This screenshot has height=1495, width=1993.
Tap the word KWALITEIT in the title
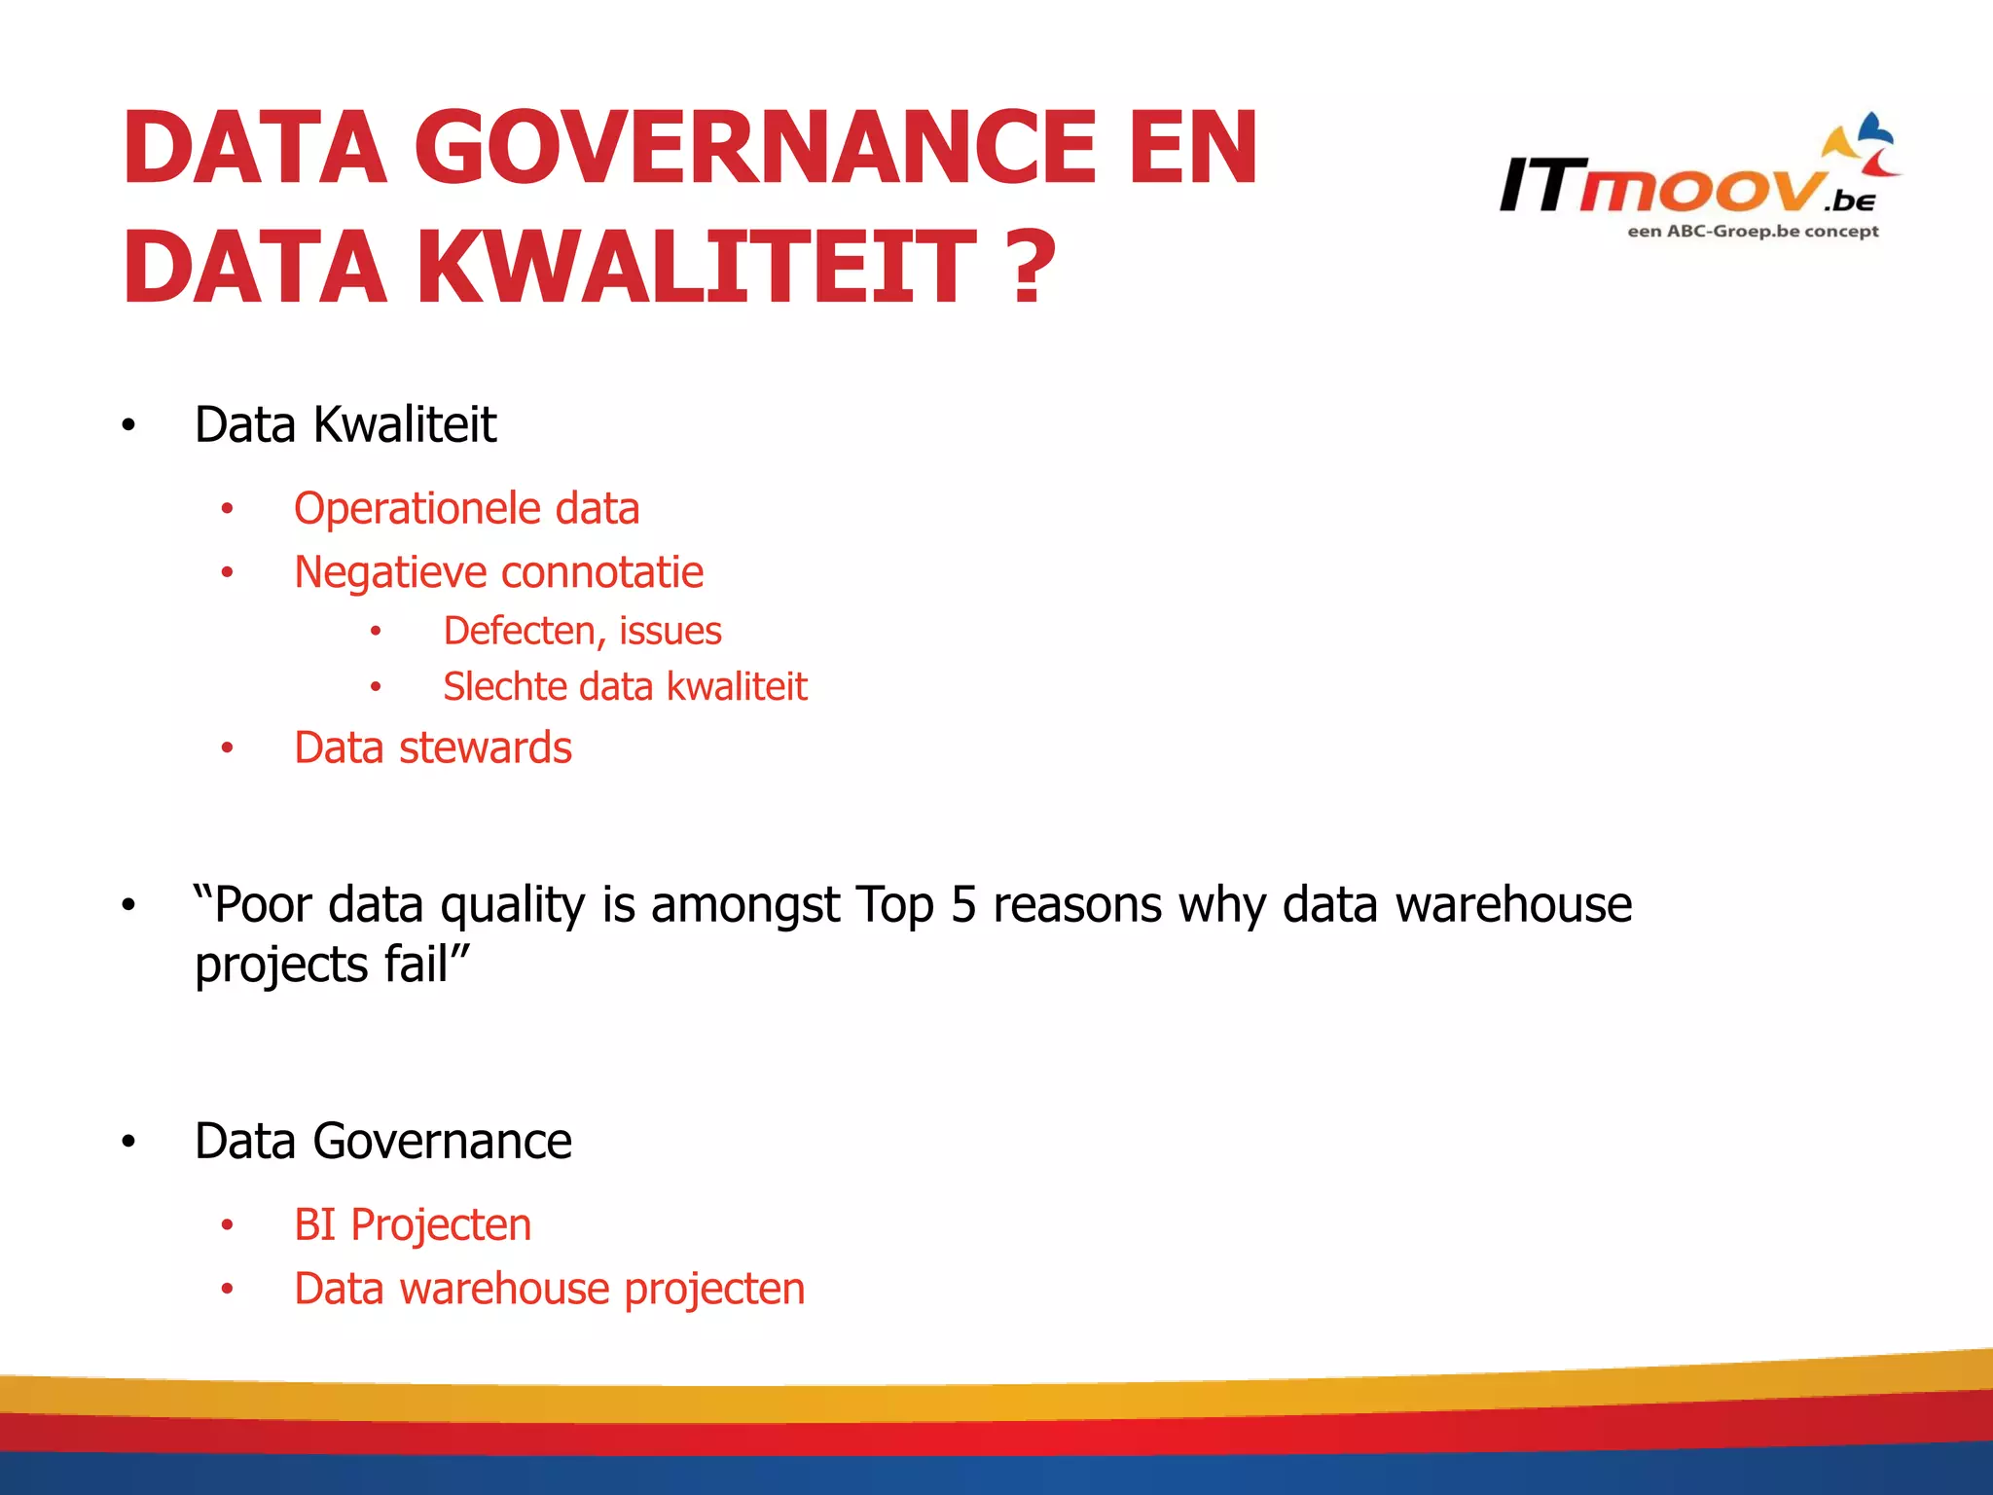pos(697,267)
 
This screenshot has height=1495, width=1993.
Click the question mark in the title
pos(1032,267)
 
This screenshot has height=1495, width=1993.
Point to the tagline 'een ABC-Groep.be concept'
pos(1753,232)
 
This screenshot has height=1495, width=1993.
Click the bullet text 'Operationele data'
pos(466,509)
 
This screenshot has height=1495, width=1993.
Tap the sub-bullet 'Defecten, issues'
pos(582,632)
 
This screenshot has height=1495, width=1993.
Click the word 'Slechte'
pos(505,687)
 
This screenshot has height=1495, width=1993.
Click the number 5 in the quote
pos(962,905)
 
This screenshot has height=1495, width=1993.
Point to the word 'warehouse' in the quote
pos(1513,905)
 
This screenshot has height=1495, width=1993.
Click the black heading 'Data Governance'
pos(382,1141)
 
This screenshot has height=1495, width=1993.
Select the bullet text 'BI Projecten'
pos(413,1225)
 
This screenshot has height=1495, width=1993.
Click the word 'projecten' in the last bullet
pos(714,1290)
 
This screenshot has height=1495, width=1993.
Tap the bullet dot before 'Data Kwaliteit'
pos(128,425)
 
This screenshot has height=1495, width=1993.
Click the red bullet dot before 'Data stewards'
pos(227,748)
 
